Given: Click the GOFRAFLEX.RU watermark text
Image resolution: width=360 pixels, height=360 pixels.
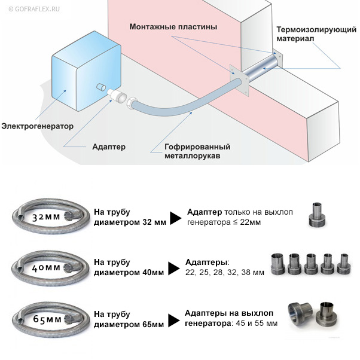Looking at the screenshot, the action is tap(34, 9).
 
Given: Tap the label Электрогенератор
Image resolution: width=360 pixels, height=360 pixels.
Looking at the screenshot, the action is tap(38, 126).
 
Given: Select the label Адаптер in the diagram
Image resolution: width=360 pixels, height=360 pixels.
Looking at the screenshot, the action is tap(109, 147).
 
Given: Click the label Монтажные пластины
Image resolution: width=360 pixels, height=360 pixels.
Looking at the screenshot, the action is tap(173, 27).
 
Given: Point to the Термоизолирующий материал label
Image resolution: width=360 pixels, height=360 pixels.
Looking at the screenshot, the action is tap(316, 34).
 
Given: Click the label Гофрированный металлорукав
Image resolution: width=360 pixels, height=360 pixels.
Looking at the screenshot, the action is tap(197, 151).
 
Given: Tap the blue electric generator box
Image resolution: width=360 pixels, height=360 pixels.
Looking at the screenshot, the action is tap(86, 71).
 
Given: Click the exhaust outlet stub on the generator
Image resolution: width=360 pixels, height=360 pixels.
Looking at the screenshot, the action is tap(100, 87).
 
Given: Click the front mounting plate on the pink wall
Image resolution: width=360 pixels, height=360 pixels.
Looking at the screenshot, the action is tap(239, 80).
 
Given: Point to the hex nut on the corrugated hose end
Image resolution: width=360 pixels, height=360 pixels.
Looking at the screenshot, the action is tap(132, 103).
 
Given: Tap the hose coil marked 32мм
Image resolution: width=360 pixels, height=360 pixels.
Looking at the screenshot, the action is tap(50, 216).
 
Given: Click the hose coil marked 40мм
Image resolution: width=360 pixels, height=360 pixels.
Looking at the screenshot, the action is tap(50, 267).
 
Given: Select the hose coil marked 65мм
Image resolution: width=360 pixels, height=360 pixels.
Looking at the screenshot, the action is tap(50, 319).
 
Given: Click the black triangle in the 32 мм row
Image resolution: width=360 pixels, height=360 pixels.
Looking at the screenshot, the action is tap(176, 218).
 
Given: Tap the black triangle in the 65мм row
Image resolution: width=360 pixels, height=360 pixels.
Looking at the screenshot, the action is tap(174, 321).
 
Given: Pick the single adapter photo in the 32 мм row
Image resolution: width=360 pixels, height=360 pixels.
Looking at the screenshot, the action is tap(316, 215).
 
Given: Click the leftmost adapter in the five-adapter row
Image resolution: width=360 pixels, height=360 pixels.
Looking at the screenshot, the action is tap(278, 264).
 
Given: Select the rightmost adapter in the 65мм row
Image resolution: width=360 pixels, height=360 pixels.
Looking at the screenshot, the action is tap(327, 313).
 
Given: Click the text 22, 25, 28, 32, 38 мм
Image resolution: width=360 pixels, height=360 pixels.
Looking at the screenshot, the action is tap(225, 273).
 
